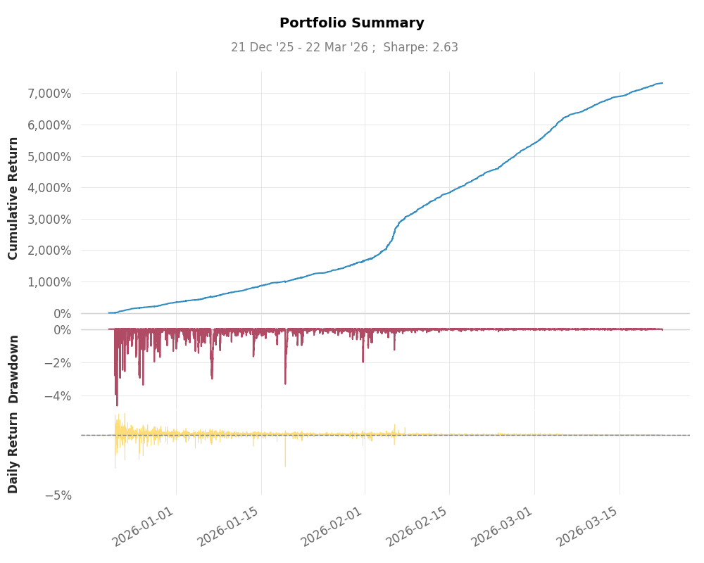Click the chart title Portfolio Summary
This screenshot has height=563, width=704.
click(x=352, y=23)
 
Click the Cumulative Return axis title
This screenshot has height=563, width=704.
click(x=13, y=198)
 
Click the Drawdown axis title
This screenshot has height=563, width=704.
click(x=13, y=369)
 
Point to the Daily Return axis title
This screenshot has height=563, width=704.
click(x=13, y=454)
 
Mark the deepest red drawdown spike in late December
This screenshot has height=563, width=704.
click(x=117, y=404)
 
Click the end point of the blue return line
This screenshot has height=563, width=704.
click(x=662, y=83)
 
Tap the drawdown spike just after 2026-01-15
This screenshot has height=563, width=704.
click(x=285, y=382)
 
